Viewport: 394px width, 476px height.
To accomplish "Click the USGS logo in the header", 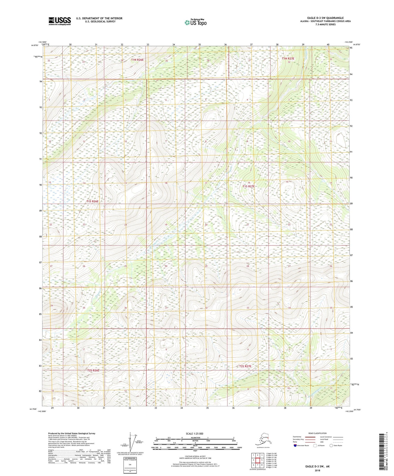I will click(x=60, y=21).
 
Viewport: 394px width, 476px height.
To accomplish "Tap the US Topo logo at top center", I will click(x=195, y=22).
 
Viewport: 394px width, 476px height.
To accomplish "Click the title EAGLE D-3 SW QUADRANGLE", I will click(x=325, y=18).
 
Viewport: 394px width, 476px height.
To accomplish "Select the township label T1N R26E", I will click(x=137, y=60).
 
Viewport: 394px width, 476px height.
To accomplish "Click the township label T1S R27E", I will click(x=248, y=186).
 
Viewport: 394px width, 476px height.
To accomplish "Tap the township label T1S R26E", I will click(x=92, y=201).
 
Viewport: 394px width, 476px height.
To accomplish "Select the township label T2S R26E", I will click(x=93, y=370).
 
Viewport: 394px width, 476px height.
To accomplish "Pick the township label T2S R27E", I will click(x=245, y=366).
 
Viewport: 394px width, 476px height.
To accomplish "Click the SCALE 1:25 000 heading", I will click(x=194, y=433).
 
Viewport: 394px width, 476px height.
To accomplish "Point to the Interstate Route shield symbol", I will click(x=295, y=445).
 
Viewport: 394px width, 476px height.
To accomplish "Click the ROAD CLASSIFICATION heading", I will click(x=317, y=433).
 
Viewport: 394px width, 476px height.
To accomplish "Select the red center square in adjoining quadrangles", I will click(x=257, y=460).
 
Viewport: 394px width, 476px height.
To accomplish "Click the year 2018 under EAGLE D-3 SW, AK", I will click(x=317, y=470).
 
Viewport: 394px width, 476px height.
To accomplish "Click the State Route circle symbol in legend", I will click(x=331, y=445).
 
